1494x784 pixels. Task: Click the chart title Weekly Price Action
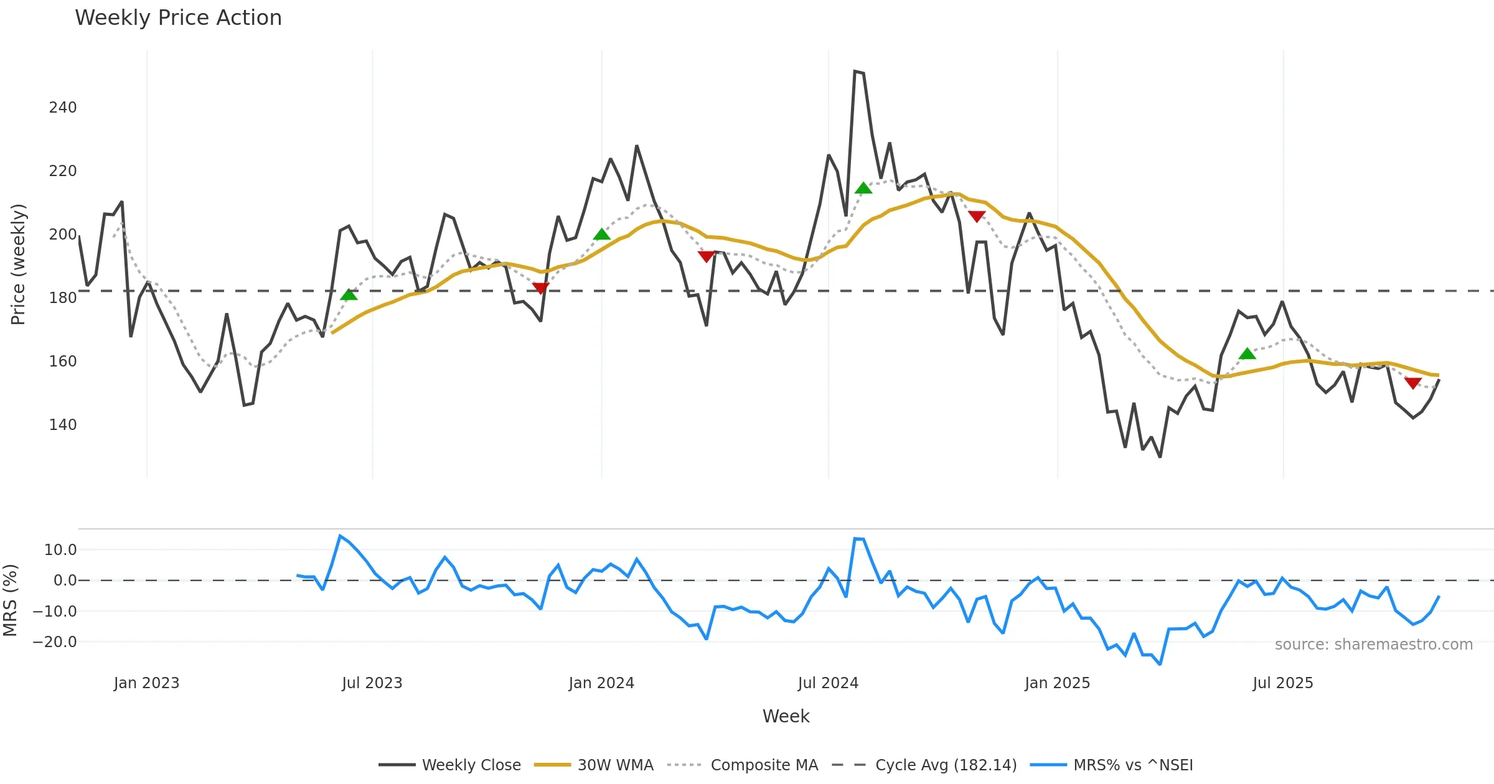(x=178, y=18)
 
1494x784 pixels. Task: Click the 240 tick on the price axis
(x=63, y=108)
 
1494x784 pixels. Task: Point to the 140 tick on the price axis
(x=63, y=425)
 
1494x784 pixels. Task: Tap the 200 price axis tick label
(x=63, y=235)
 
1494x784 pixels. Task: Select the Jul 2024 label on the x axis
(x=828, y=683)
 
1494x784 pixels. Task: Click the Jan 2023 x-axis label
(x=146, y=683)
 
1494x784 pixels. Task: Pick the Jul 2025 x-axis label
(x=1283, y=683)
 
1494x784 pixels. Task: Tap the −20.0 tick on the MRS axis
(x=55, y=642)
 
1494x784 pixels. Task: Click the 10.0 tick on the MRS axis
(x=60, y=550)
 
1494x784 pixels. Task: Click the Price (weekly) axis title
(x=18, y=264)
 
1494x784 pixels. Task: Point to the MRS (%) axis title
(x=10, y=600)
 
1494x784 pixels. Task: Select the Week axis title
(x=786, y=717)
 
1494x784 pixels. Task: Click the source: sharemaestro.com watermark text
(x=1373, y=645)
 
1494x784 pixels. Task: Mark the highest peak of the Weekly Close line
(x=855, y=72)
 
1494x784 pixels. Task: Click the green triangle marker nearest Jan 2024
(x=601, y=235)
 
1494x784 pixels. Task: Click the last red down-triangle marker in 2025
(x=1413, y=383)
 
